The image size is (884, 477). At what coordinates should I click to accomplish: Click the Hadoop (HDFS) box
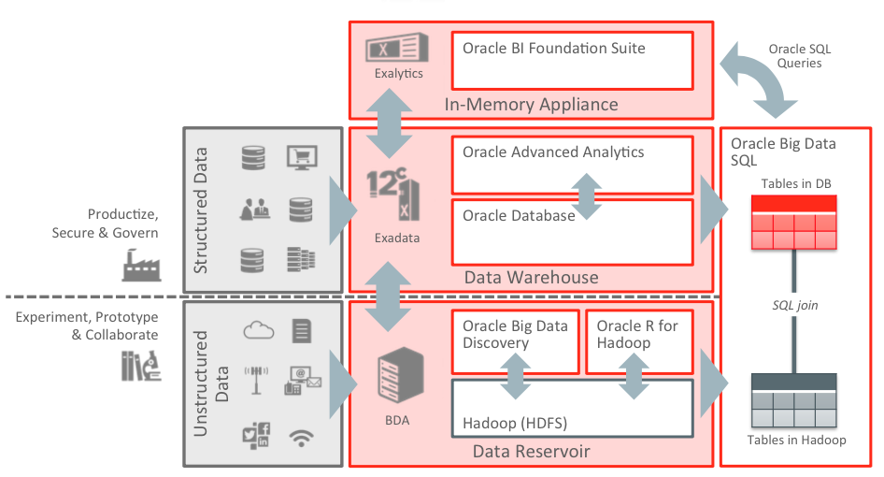(x=572, y=408)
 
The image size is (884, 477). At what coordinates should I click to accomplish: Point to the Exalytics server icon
(x=398, y=47)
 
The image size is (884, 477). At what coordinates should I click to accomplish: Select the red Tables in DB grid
(x=794, y=223)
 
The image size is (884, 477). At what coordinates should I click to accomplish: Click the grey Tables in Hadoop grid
(x=794, y=401)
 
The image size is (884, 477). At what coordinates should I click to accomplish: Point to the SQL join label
(x=794, y=306)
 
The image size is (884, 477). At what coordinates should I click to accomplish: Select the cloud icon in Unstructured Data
(x=258, y=329)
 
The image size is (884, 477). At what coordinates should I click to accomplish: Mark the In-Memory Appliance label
(x=531, y=104)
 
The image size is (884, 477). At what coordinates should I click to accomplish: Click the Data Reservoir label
(x=531, y=452)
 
